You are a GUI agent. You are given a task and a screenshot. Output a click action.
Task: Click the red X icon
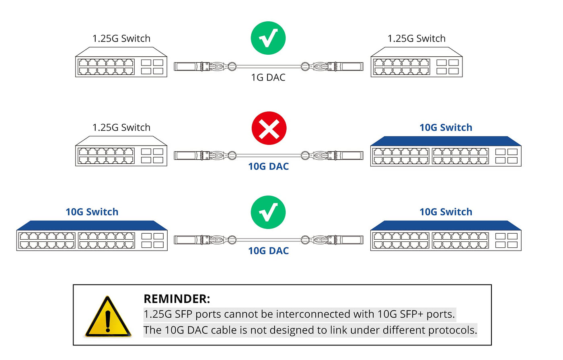tap(269, 128)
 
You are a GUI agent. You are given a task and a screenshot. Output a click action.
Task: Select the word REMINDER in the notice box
tap(177, 299)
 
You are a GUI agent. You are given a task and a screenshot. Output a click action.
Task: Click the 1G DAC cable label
tap(268, 77)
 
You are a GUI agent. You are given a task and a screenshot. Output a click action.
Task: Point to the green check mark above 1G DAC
tap(268, 38)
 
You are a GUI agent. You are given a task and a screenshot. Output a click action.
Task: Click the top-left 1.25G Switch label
tap(121, 39)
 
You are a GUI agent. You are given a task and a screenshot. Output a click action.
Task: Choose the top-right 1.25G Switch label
tap(416, 39)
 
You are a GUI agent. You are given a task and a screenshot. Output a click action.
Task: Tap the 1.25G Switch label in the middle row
tap(121, 128)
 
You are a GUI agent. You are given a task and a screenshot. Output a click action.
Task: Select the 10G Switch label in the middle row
tap(446, 128)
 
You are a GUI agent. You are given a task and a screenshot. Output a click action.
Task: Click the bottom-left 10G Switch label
tap(92, 212)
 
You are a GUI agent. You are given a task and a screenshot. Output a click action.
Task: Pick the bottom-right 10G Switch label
tap(446, 212)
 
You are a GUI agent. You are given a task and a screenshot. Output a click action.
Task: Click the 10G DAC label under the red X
tap(268, 166)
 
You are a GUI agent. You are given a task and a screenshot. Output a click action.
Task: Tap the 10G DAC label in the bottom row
tap(268, 251)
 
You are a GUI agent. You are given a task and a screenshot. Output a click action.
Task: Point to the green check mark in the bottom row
tap(268, 212)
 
